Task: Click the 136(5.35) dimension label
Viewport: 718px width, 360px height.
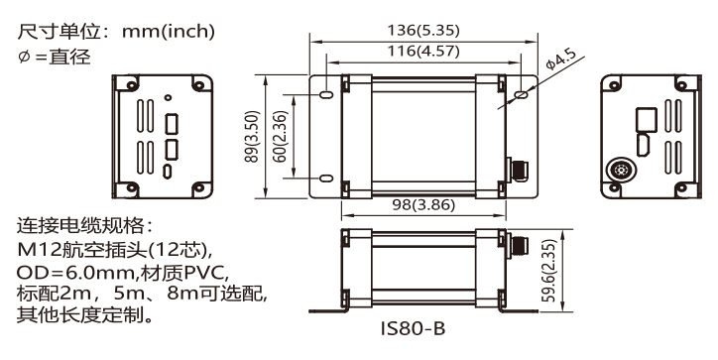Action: click(423, 30)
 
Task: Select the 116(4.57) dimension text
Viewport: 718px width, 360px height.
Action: click(423, 51)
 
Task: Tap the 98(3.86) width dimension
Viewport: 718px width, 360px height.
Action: click(423, 204)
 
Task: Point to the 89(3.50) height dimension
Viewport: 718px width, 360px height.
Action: click(252, 137)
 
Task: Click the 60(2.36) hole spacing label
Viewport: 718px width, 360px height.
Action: click(280, 137)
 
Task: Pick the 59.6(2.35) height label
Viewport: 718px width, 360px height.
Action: click(548, 271)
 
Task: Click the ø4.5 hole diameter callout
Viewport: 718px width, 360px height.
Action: click(561, 59)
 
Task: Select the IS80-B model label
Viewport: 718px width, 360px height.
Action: click(413, 328)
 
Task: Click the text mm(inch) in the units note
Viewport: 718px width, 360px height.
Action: click(168, 32)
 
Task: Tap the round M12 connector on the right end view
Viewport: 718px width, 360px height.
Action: click(622, 170)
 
